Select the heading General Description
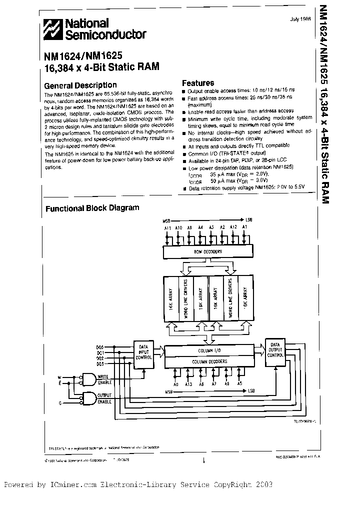click(80, 85)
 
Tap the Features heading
click(197, 83)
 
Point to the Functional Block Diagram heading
click(92, 208)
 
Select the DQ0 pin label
click(99, 346)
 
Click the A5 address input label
click(239, 384)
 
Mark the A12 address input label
click(233, 228)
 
